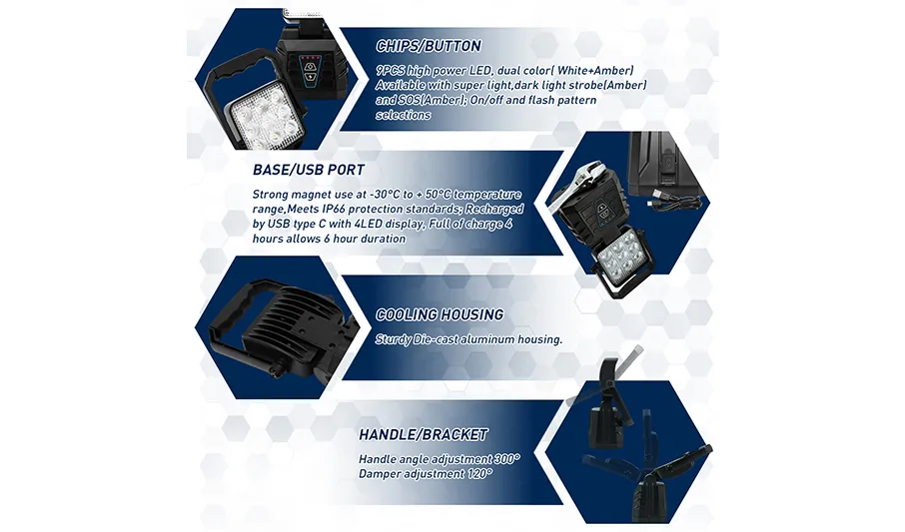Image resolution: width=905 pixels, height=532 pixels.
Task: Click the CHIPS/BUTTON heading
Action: [x=429, y=46]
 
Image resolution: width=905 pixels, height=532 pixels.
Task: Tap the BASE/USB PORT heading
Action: [x=309, y=171]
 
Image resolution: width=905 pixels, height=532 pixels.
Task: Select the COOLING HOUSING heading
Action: [x=440, y=315]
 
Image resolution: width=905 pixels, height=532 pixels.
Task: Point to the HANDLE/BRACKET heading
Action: [x=424, y=434]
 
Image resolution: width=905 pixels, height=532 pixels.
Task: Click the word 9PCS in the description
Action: [x=391, y=71]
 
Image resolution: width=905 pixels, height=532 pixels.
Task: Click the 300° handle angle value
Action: [x=507, y=459]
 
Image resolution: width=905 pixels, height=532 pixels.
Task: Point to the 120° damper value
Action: [x=480, y=474]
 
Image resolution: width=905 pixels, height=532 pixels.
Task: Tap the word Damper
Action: [x=377, y=474]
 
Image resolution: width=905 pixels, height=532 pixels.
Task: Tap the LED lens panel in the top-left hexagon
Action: [x=259, y=121]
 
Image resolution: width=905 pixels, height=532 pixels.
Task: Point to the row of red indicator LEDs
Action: [x=313, y=58]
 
